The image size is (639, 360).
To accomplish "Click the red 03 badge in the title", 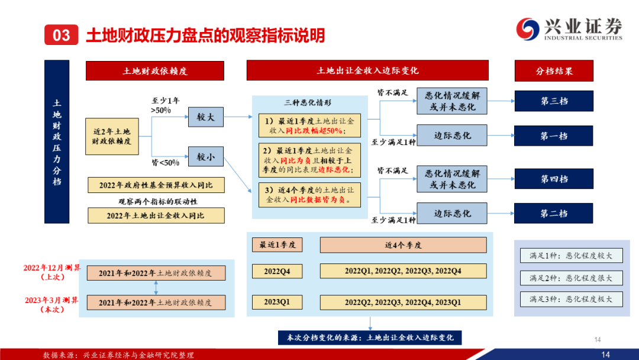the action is (62, 35).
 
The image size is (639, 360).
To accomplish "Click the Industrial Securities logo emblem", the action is (528, 28).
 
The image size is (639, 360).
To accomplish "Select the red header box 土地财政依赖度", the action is (155, 70).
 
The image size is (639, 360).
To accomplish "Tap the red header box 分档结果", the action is (554, 70).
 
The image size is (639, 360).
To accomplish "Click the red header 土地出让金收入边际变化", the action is (367, 70).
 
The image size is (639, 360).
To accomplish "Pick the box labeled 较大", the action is (205, 117).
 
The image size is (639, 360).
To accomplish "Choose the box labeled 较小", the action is (205, 157).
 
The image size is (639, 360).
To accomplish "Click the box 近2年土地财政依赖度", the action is (116, 136).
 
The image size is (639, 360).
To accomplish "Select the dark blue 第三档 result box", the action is (554, 101).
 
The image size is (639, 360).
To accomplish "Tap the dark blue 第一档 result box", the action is (554, 136).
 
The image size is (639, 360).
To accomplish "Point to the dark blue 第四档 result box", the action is (554, 179).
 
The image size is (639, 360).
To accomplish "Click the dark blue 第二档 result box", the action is (554, 213).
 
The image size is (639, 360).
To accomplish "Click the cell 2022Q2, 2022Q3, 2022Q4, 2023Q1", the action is (403, 302).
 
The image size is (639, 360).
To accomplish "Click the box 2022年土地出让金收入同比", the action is (156, 216).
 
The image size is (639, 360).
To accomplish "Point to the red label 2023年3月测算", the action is (52, 300).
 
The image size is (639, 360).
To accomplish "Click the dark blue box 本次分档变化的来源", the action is (370, 337).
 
